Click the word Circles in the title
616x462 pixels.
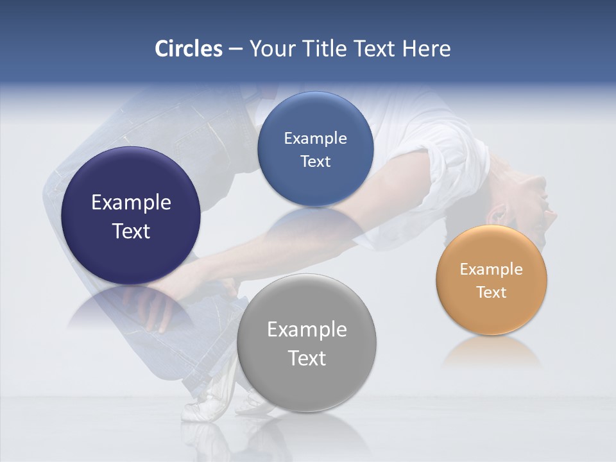point(188,49)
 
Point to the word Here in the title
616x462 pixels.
point(426,49)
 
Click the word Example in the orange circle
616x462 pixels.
point(491,269)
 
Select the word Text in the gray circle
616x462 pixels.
point(307,358)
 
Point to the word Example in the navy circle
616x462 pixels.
point(131,203)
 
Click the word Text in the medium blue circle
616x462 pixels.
point(315,162)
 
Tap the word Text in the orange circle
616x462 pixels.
point(491,293)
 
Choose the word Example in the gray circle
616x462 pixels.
point(307,330)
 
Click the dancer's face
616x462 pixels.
point(536,205)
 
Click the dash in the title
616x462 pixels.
point(235,49)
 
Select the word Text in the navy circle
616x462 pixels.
point(131,231)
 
